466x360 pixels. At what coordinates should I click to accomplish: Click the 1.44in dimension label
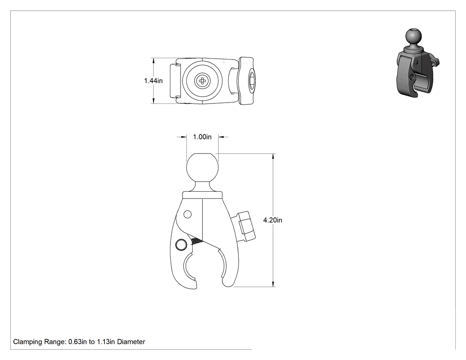coord(154,80)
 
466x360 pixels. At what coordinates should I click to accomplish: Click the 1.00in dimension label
coord(202,137)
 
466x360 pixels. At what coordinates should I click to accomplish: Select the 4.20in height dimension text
coord(272,220)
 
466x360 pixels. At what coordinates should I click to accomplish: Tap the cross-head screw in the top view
coord(202,80)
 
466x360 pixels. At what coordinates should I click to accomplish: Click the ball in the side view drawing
coord(202,167)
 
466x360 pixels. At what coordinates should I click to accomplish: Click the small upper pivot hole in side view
coord(188,214)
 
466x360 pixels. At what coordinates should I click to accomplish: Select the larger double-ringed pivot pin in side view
coord(181,245)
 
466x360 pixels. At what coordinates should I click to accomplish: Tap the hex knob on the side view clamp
coord(246,226)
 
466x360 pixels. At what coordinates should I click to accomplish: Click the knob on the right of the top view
coord(246,81)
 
